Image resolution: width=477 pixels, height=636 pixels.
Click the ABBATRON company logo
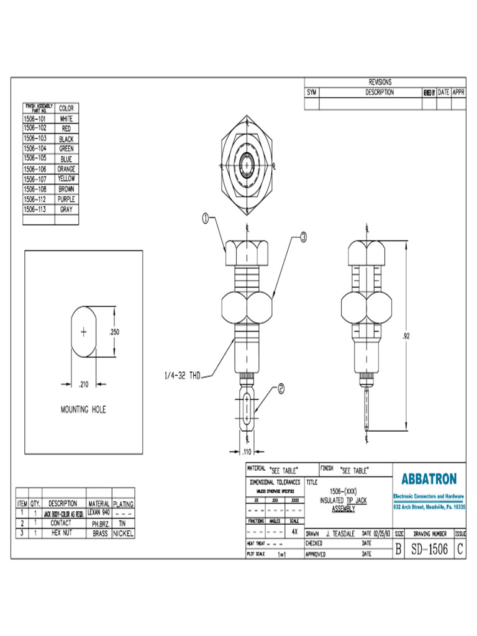[x=429, y=479]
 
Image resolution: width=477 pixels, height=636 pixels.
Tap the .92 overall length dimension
[x=406, y=336]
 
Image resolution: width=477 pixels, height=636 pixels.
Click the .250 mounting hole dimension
[x=114, y=332]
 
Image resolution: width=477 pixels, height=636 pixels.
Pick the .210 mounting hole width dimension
[x=82, y=384]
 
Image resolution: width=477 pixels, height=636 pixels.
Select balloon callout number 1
[x=206, y=218]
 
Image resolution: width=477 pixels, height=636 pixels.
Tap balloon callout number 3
[x=303, y=237]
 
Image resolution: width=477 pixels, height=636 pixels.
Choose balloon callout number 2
[x=280, y=389]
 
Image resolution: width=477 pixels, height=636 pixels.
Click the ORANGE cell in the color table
[x=66, y=169]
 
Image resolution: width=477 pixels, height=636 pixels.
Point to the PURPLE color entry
[x=66, y=199]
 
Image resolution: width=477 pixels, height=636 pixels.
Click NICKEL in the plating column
[x=123, y=533]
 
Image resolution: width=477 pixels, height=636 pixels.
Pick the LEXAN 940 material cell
[x=99, y=513]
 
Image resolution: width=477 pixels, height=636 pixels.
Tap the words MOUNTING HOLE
[x=83, y=410]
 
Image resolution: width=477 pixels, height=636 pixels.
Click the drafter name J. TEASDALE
[x=341, y=534]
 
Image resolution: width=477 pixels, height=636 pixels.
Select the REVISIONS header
[x=380, y=82]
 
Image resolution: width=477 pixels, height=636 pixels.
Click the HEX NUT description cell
[x=61, y=533]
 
